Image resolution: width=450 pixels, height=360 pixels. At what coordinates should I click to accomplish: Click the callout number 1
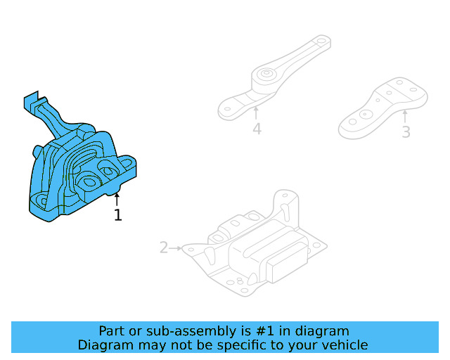[118, 215]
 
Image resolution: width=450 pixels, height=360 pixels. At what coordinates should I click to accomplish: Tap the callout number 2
[164, 247]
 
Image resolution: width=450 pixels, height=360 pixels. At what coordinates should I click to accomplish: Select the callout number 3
[406, 131]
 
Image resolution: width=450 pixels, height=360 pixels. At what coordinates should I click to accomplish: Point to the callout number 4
[257, 129]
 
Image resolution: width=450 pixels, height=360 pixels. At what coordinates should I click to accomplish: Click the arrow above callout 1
[117, 200]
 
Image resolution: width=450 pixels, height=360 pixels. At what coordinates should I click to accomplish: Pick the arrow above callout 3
[405, 115]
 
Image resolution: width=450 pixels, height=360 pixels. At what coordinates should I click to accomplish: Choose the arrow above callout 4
[256, 112]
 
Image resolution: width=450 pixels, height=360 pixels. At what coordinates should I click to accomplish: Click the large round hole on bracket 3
[365, 115]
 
